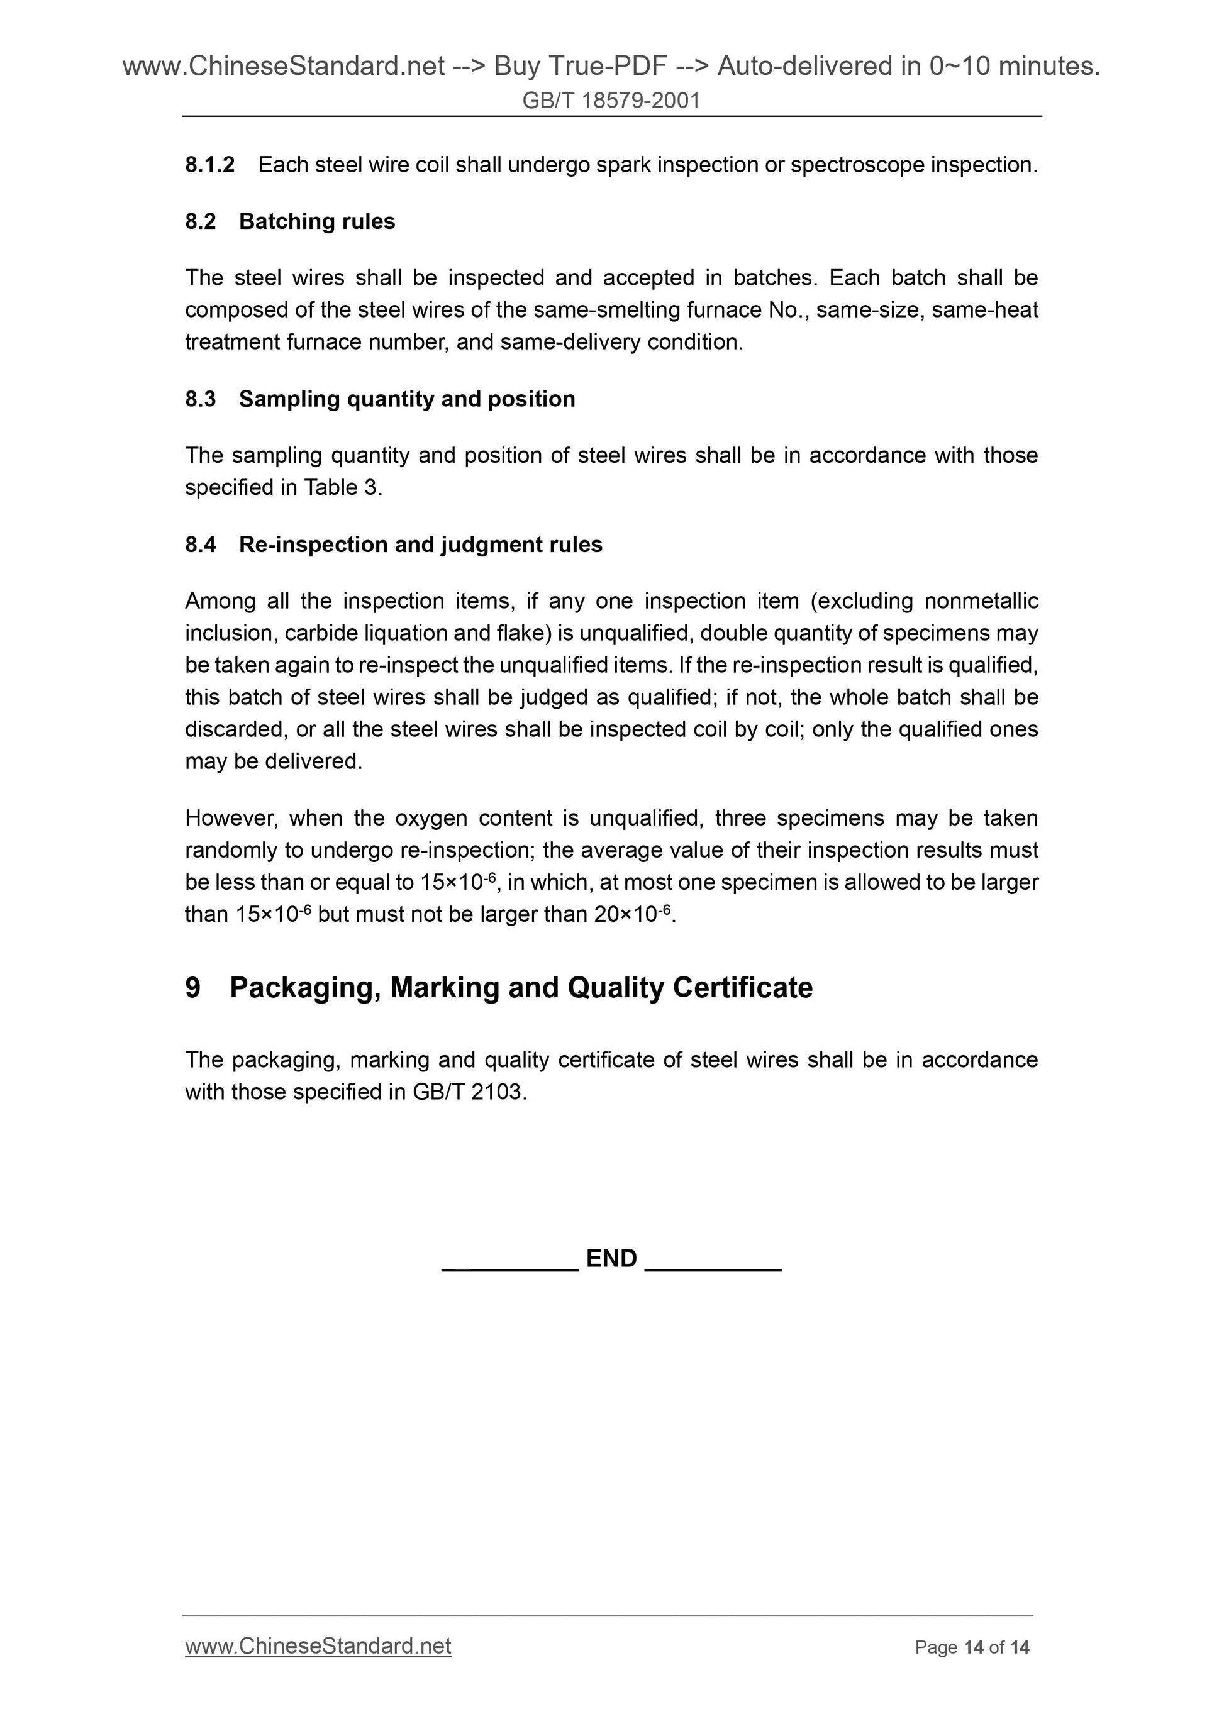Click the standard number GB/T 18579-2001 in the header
coord(611,100)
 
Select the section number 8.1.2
coord(209,164)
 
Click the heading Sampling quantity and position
coord(406,399)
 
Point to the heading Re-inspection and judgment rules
coord(420,545)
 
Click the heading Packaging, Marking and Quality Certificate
coord(520,988)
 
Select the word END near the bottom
coord(611,1258)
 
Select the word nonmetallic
coord(981,601)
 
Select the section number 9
coord(193,988)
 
